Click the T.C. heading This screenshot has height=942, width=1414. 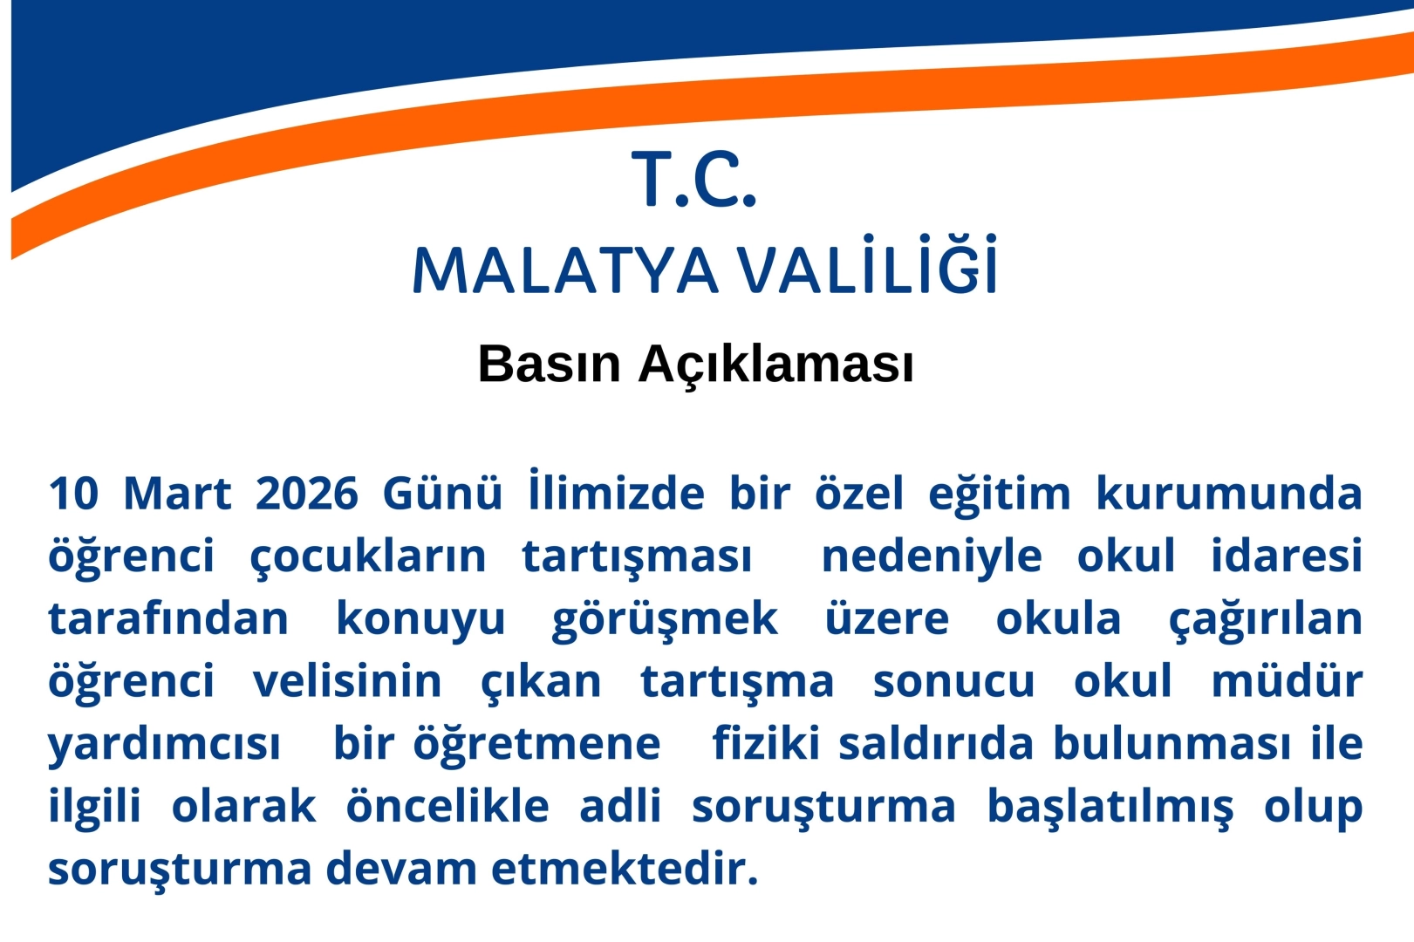point(693,179)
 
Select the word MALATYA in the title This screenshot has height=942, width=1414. point(565,271)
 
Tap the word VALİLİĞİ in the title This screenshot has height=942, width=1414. point(868,265)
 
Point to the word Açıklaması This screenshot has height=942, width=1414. point(775,365)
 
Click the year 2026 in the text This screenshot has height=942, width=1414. point(307,493)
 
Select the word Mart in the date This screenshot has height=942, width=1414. point(177,493)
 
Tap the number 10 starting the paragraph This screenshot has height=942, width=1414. point(74,493)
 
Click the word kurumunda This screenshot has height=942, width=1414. point(1229,493)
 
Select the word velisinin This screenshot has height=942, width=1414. point(347,681)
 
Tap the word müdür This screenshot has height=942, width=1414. point(1288,681)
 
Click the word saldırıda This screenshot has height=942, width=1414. point(935,743)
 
